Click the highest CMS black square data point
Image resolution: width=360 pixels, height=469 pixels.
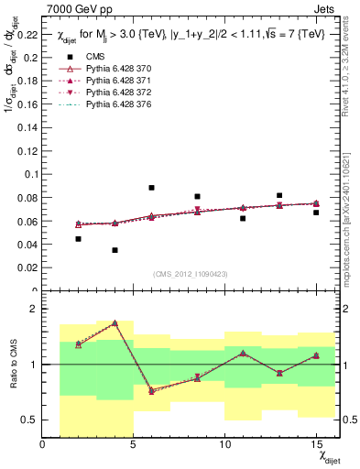(151, 188)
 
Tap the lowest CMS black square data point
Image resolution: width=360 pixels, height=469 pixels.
(115, 250)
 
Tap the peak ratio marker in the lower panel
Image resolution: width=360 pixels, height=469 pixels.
(115, 323)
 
